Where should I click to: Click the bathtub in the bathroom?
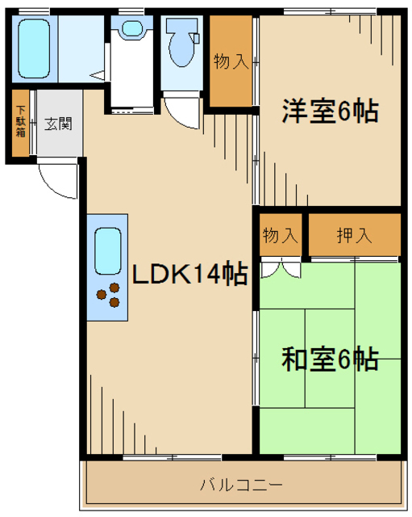[x=34, y=48]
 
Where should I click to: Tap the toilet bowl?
[x=181, y=50]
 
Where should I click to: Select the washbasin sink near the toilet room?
[x=132, y=28]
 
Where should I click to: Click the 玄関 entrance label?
[x=59, y=124]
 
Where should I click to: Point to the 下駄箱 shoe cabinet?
[x=21, y=123]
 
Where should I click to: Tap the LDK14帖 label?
[x=189, y=273]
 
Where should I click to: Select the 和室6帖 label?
[x=330, y=359]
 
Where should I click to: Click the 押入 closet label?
[x=355, y=235]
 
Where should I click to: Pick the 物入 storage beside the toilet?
[x=231, y=61]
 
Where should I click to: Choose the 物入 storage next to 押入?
[x=281, y=235]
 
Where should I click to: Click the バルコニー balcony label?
[x=242, y=485]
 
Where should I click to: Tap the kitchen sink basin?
[x=107, y=251]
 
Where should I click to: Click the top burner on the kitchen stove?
[x=114, y=288]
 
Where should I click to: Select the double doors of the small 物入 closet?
[x=281, y=268]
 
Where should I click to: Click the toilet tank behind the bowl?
[x=182, y=26]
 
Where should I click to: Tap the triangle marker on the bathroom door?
[x=97, y=76]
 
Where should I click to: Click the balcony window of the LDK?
[x=172, y=457]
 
